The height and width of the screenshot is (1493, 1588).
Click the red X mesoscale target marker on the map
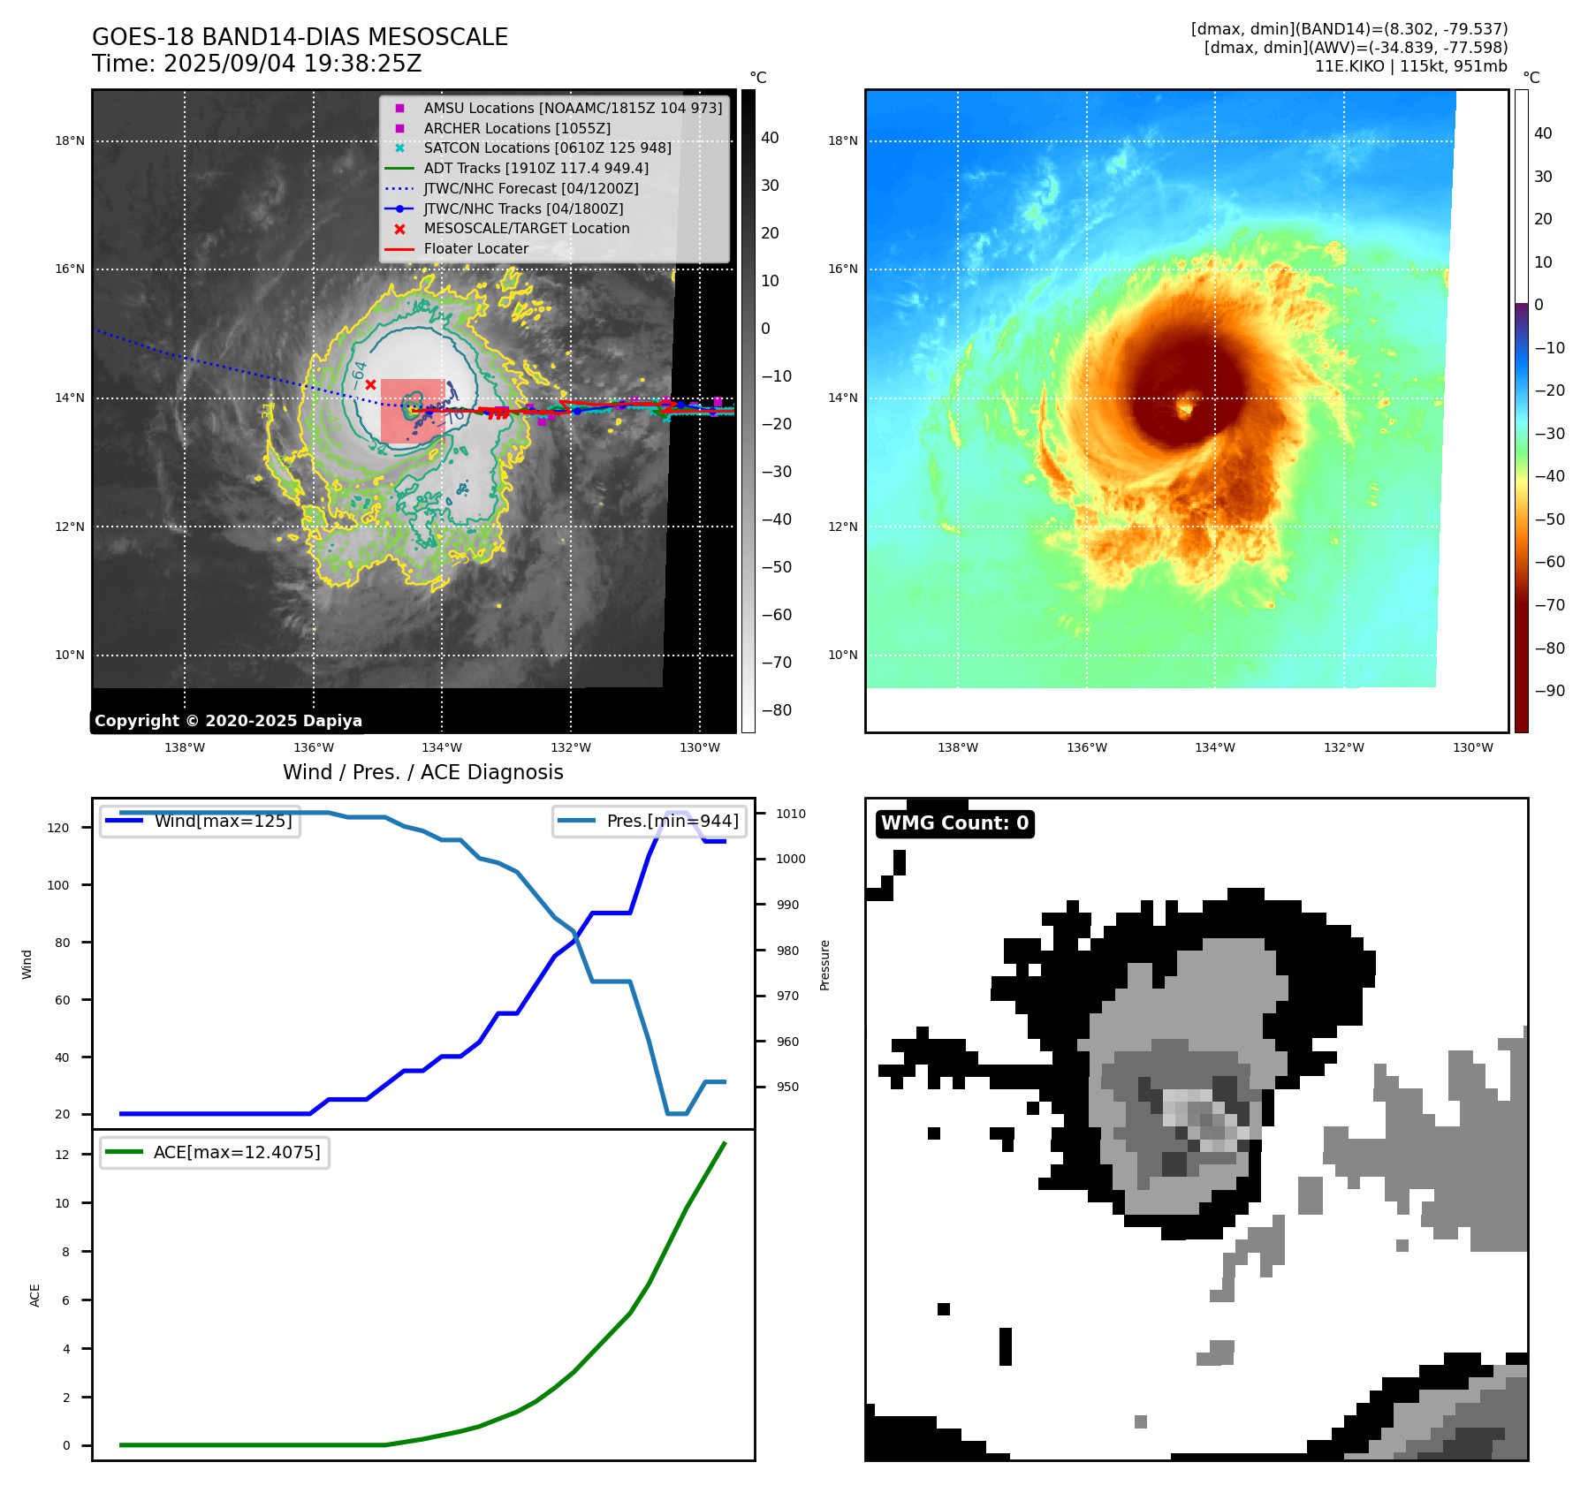pyautogui.click(x=371, y=384)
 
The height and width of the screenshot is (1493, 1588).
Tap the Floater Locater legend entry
pyautogui.click(x=475, y=249)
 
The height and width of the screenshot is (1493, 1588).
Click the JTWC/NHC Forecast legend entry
pyautogui.click(x=530, y=188)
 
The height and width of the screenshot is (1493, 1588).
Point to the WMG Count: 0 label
pyautogui.click(x=954, y=823)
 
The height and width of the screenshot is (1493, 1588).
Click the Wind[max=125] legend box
pyautogui.click(x=200, y=822)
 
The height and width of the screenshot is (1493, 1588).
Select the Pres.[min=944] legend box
pyautogui.click(x=650, y=822)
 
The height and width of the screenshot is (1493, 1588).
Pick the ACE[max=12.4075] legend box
pyautogui.click(x=215, y=1153)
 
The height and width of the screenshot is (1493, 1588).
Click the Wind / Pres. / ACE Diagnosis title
pyautogui.click(x=422, y=772)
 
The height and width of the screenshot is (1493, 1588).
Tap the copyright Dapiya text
pyautogui.click(x=228, y=721)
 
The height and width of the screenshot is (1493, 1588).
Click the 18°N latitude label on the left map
pyautogui.click(x=70, y=140)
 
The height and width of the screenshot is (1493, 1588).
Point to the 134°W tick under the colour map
pyautogui.click(x=1215, y=747)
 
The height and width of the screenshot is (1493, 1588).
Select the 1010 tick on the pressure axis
pyautogui.click(x=791, y=814)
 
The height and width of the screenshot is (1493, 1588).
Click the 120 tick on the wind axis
pyautogui.click(x=58, y=828)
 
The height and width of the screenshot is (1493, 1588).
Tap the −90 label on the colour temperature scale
pyautogui.click(x=1549, y=691)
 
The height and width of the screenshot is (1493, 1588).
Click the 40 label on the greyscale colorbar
pyautogui.click(x=770, y=138)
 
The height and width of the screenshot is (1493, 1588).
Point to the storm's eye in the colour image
pyautogui.click(x=1185, y=408)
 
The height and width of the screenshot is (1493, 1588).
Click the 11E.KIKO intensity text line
pyautogui.click(x=1410, y=66)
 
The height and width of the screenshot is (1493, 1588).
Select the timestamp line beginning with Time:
pyautogui.click(x=256, y=64)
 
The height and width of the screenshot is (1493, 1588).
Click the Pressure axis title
pyautogui.click(x=825, y=965)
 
